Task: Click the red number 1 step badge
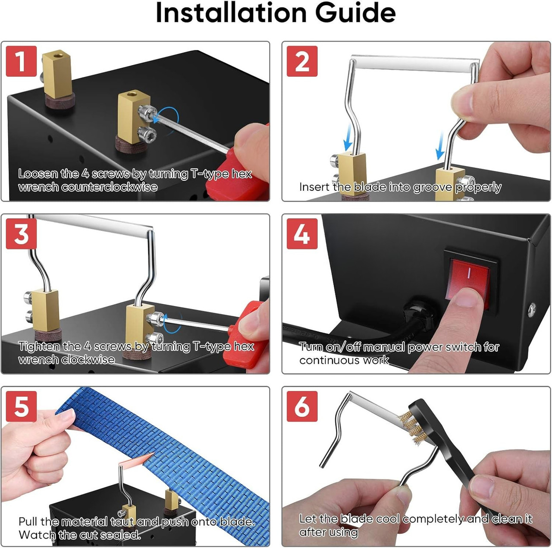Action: tap(21, 61)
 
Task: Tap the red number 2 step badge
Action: tap(302, 61)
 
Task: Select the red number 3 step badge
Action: tap(21, 233)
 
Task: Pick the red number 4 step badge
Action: tap(302, 233)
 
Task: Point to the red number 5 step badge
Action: tap(21, 406)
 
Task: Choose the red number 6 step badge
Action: tap(302, 406)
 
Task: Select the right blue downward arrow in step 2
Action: tap(440, 147)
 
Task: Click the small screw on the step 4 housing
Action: tap(533, 308)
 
